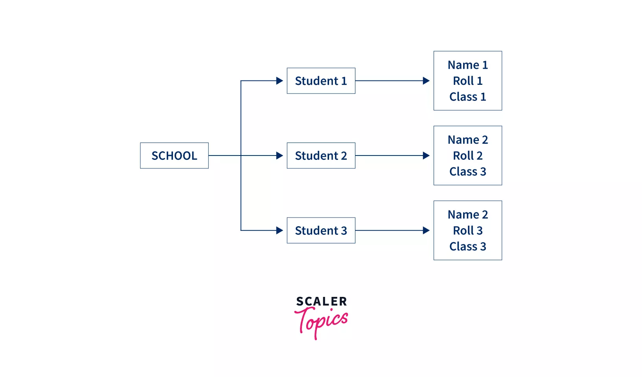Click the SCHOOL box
click(x=174, y=156)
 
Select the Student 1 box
click(x=321, y=81)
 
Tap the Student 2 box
click(x=321, y=156)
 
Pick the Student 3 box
click(x=321, y=231)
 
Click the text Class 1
click(x=467, y=97)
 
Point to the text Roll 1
click(x=467, y=81)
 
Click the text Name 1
click(x=467, y=65)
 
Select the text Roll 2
click(x=467, y=156)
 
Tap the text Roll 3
click(x=467, y=231)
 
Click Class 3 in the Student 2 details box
click(x=467, y=172)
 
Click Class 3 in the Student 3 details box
click(x=467, y=246)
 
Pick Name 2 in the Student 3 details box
click(x=467, y=214)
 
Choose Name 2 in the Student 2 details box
click(x=467, y=140)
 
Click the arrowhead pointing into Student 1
click(x=280, y=81)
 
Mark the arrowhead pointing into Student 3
click(x=280, y=231)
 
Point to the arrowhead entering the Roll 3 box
click(x=426, y=231)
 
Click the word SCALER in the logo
click(x=321, y=302)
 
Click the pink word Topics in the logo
click(x=321, y=322)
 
